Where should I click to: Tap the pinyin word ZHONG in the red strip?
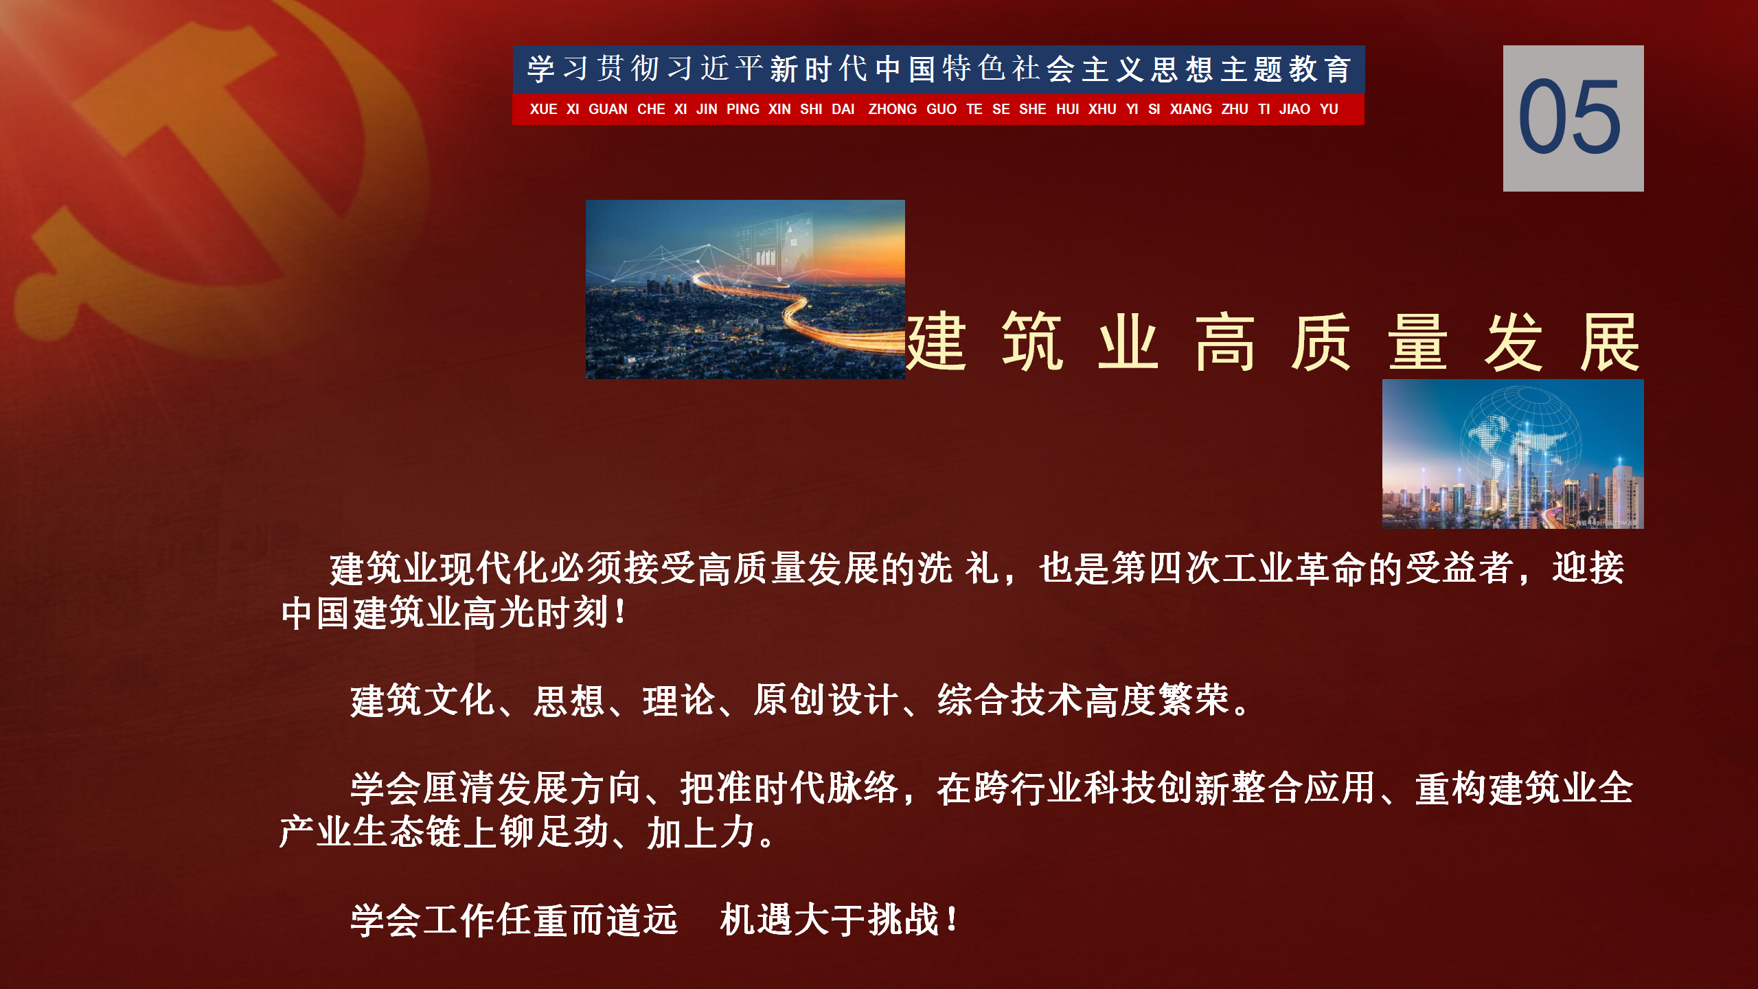click(x=892, y=109)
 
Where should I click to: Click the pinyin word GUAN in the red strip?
click(x=608, y=109)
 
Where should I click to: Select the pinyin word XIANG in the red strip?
click(x=1191, y=109)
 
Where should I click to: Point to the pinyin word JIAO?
click(x=1294, y=109)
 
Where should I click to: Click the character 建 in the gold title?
click(x=937, y=341)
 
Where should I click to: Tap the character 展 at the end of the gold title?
click(x=1610, y=341)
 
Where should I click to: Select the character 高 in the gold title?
click(x=1225, y=341)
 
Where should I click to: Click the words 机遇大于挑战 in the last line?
click(x=830, y=920)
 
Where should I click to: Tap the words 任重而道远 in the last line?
click(x=587, y=920)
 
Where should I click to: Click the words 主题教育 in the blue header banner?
click(x=1286, y=69)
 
